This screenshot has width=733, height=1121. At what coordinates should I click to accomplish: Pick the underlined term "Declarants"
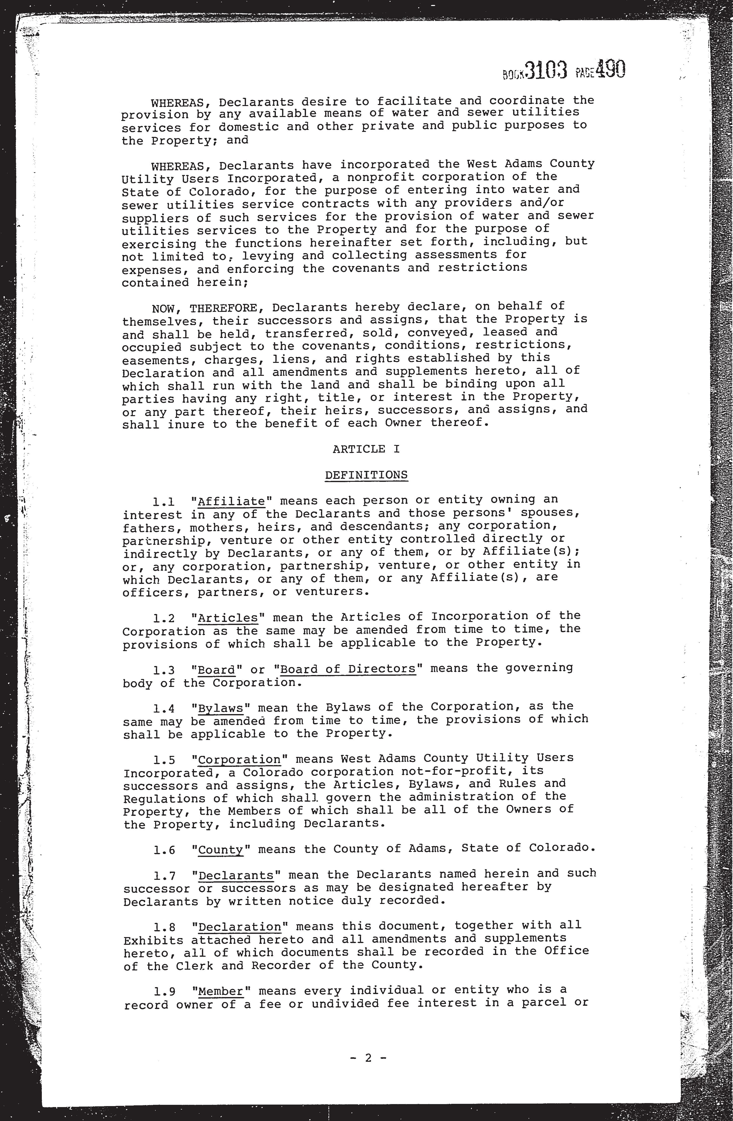(236, 876)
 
